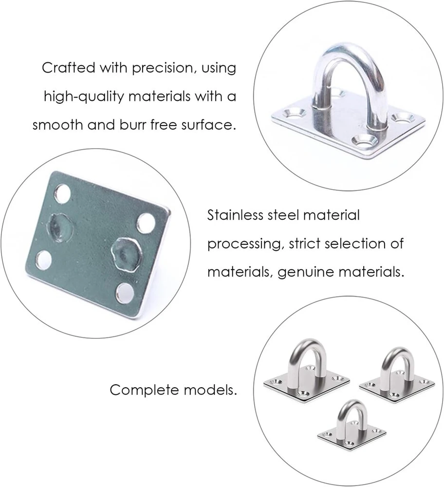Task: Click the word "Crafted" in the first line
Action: point(68,68)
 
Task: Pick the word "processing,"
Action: point(245,244)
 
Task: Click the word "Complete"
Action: point(144,390)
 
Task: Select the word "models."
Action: point(210,390)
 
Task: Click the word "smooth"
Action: point(58,125)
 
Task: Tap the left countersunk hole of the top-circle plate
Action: point(294,113)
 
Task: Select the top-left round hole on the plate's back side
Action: point(62,194)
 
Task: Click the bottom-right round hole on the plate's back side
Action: point(125,293)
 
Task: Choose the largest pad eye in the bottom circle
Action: point(306,370)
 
